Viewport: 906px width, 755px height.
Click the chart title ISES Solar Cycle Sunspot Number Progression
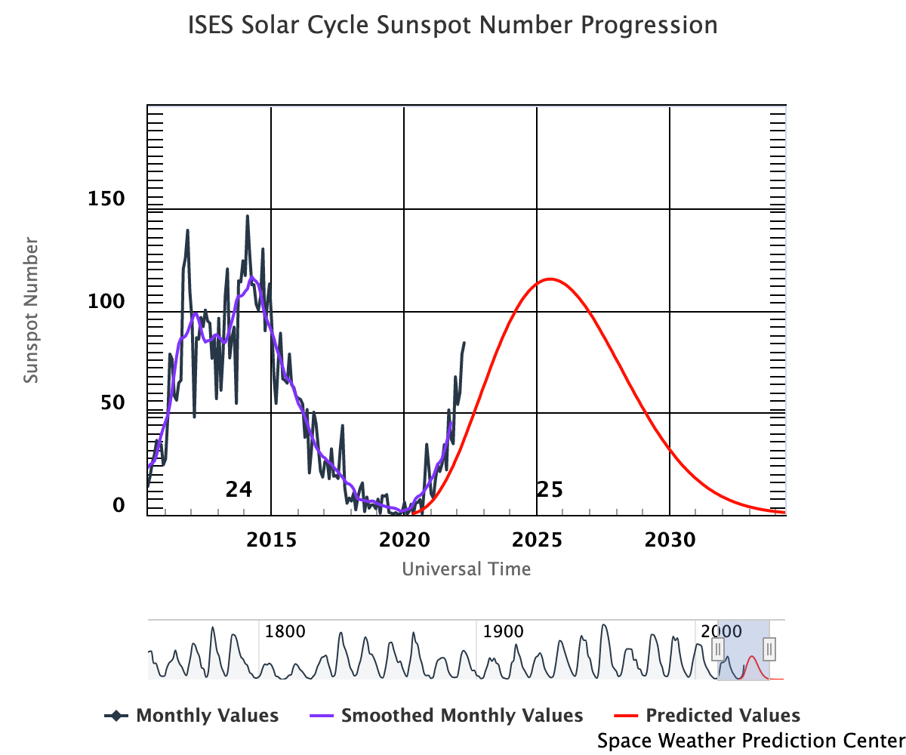point(452,26)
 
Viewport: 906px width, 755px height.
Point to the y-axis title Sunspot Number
point(30,310)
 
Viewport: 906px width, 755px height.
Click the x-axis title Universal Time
point(466,569)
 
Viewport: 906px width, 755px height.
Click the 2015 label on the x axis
point(271,541)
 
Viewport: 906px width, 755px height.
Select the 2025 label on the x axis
point(537,541)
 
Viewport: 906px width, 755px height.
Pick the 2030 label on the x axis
point(670,541)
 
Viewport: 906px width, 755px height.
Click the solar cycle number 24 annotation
point(239,490)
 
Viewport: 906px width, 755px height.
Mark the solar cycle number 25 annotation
point(550,490)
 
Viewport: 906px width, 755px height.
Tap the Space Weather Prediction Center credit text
point(750,741)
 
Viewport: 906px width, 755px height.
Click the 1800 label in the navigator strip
point(285,631)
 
